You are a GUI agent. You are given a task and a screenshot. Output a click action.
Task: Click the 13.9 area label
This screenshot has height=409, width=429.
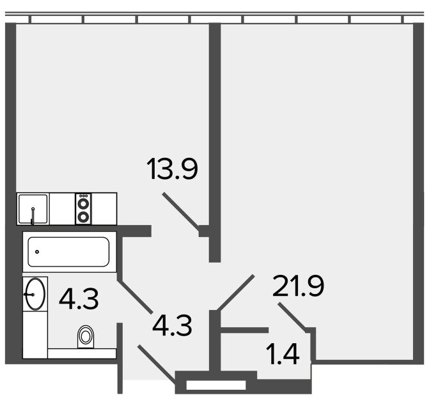click(172, 169)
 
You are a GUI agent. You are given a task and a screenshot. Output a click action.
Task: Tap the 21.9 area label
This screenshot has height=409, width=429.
click(298, 286)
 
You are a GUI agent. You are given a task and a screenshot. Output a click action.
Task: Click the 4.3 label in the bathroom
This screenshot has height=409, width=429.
click(79, 299)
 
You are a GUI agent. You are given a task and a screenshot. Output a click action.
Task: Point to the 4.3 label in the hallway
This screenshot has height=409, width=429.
click(172, 325)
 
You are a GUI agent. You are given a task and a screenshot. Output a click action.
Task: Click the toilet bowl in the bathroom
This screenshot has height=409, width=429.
click(86, 336)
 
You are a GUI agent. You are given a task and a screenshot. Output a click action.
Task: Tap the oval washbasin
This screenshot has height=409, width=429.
click(35, 294)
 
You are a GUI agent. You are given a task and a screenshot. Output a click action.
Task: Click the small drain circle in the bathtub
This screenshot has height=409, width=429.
click(37, 252)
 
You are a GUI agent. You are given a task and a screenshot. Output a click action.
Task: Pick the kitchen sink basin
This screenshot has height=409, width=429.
click(33, 209)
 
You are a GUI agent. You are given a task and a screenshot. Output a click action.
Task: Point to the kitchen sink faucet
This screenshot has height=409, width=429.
click(33, 216)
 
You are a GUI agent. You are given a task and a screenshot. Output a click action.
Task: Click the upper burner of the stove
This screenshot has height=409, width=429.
click(84, 203)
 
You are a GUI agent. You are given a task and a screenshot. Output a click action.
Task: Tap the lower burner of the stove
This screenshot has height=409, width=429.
click(84, 217)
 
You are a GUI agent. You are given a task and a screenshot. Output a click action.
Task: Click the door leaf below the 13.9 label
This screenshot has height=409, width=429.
click(180, 210)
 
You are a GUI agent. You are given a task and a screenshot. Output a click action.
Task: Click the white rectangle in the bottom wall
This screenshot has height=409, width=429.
click(216, 385)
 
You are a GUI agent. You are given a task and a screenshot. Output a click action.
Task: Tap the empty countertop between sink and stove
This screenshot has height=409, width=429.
click(63, 209)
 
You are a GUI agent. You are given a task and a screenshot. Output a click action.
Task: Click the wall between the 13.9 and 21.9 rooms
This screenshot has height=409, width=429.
click(215, 143)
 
